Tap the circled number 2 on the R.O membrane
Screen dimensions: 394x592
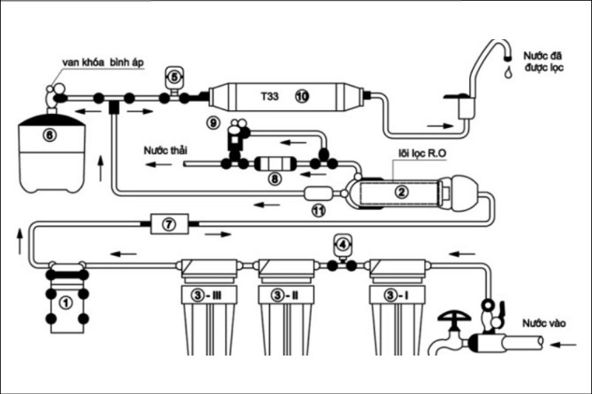click(401, 191)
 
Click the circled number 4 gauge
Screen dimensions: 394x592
click(343, 242)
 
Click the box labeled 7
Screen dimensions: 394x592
click(169, 223)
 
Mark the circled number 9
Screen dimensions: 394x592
click(214, 120)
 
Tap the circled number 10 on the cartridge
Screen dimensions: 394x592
click(301, 96)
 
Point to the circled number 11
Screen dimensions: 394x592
click(318, 211)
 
